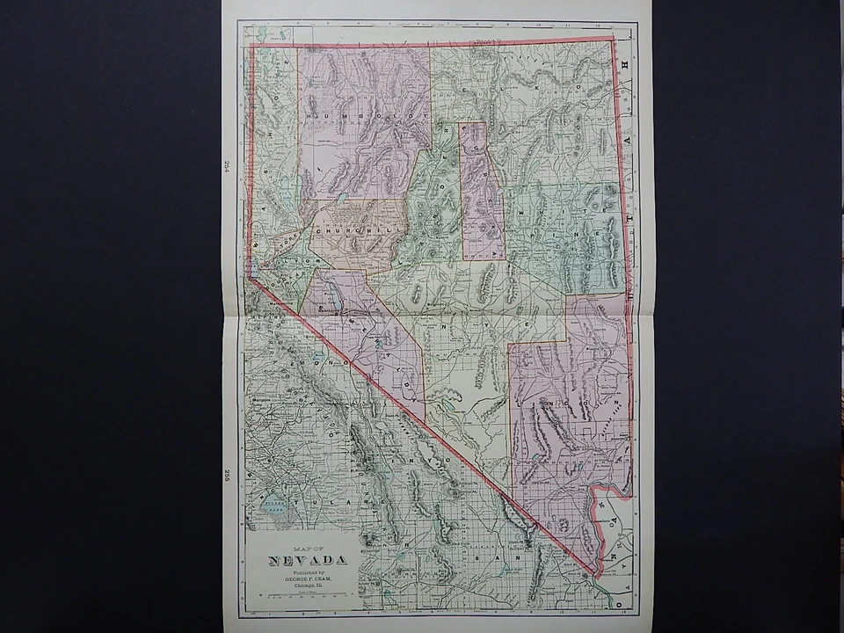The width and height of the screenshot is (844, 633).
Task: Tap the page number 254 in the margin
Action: (x=226, y=167)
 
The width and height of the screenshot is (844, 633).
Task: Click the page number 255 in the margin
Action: (x=226, y=476)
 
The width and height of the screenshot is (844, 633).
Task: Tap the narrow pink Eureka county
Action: (x=482, y=189)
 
